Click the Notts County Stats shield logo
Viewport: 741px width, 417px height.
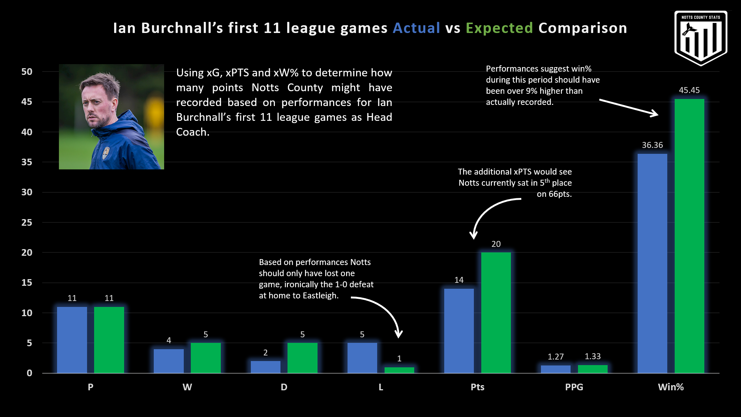[701, 37]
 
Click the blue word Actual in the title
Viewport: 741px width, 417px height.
[416, 28]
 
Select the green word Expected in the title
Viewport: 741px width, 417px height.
[499, 28]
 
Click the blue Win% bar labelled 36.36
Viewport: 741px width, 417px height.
[652, 263]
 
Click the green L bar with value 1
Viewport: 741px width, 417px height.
[399, 370]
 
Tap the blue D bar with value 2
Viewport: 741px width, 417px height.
[265, 367]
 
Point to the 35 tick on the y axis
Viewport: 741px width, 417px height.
[27, 162]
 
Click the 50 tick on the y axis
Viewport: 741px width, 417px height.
[27, 72]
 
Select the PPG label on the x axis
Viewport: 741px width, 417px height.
[574, 387]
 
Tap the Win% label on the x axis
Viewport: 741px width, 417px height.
[671, 387]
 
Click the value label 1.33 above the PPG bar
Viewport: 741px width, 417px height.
[592, 356]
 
